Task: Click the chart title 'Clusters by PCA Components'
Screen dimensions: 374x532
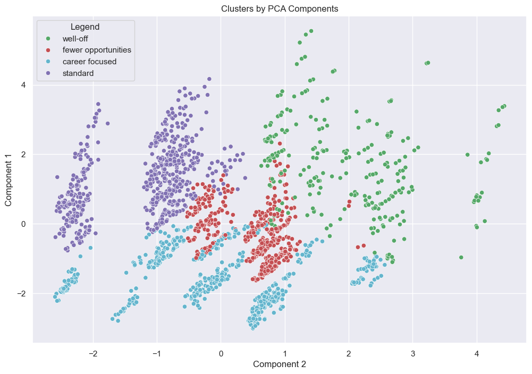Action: point(279,9)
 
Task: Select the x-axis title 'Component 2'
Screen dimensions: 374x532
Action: point(279,364)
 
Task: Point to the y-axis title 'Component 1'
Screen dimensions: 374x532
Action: point(9,182)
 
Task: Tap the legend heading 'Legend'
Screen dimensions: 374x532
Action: point(85,26)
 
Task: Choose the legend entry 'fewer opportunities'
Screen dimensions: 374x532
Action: point(97,50)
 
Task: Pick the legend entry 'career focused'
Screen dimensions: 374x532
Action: point(89,62)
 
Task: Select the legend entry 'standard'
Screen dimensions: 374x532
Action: point(78,73)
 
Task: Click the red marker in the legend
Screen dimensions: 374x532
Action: point(49,50)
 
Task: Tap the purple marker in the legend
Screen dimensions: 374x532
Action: point(49,73)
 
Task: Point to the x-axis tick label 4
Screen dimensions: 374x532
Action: point(477,353)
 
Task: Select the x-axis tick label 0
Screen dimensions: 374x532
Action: point(221,353)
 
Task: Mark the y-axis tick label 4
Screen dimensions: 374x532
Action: point(23,85)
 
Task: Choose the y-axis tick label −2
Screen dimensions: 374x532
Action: point(21,294)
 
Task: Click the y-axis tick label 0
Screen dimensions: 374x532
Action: point(23,224)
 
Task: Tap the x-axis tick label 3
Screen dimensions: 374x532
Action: point(413,353)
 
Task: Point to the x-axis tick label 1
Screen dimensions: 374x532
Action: point(285,353)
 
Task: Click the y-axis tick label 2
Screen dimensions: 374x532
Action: point(23,155)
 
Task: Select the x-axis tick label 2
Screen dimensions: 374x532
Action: point(349,353)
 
